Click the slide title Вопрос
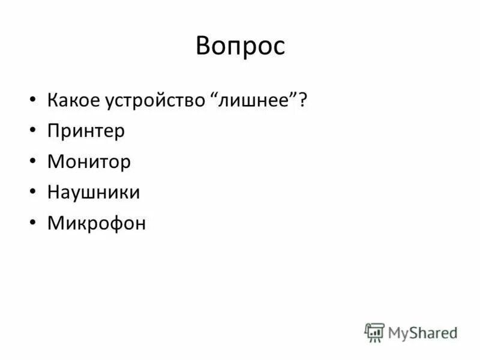coord(240,46)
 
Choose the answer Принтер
coord(86,131)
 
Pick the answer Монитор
coord(88,162)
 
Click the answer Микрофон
coord(96,224)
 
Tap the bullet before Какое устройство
coord(32,100)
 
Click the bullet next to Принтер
coord(32,131)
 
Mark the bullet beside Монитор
coord(32,162)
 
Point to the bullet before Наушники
coord(32,193)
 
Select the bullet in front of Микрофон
coord(32,224)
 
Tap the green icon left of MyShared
coord(374,332)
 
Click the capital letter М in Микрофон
coord(55,224)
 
